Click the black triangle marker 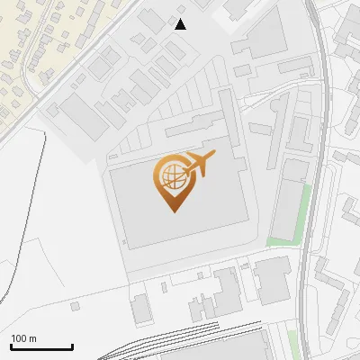(x=180, y=24)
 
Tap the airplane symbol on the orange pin (x=198, y=165)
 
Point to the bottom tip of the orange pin (x=174, y=212)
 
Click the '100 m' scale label (x=23, y=339)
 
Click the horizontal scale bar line (x=41, y=347)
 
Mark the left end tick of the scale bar (x=11, y=346)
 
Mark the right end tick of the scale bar (x=72, y=346)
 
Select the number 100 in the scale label (x=19, y=339)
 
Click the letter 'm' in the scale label (x=32, y=339)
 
